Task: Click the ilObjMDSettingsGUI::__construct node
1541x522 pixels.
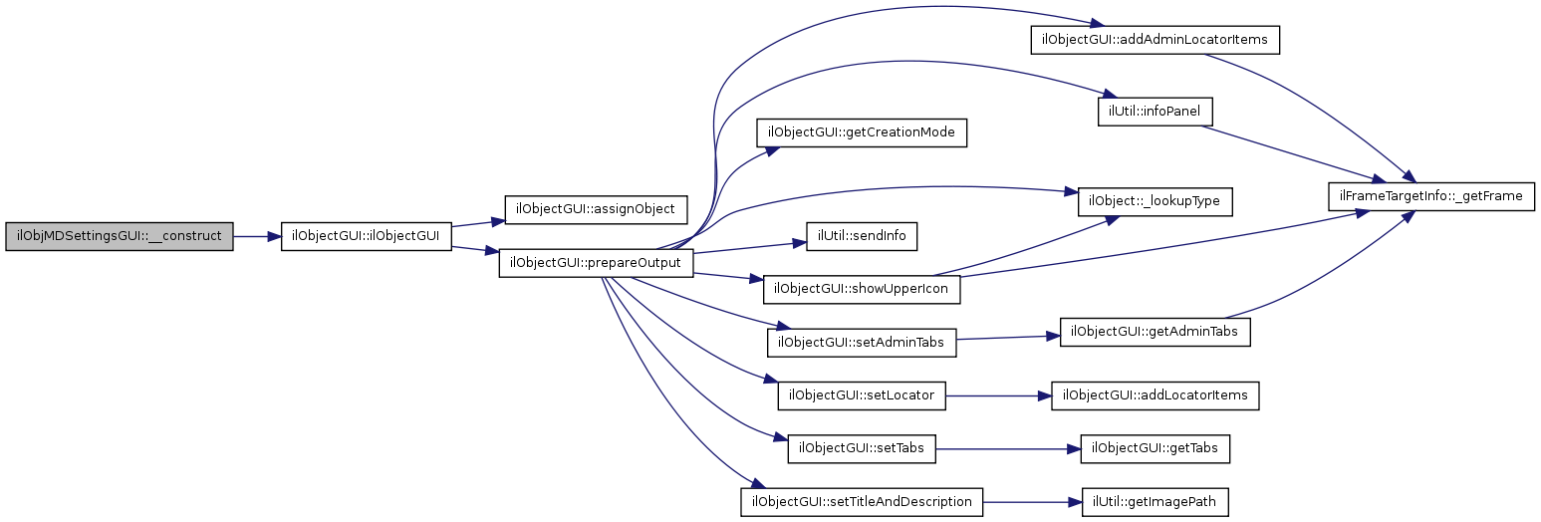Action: pos(120,237)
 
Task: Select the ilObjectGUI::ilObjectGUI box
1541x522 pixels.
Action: pos(367,237)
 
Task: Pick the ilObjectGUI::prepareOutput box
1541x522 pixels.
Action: pos(596,263)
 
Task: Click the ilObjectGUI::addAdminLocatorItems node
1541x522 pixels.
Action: pos(1154,40)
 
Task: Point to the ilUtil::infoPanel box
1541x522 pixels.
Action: pos(1155,111)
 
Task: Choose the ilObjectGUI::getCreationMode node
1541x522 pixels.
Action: pos(863,133)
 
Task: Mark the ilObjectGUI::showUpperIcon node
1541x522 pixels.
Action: pos(863,290)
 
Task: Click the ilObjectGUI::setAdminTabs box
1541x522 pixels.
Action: pos(862,343)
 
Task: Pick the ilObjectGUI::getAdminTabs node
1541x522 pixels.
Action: pos(1155,332)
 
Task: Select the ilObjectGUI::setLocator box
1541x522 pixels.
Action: pos(862,395)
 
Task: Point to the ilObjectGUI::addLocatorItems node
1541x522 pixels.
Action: pos(1156,395)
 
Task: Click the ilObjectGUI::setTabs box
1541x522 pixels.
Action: pos(862,448)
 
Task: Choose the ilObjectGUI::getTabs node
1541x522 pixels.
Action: pos(1156,448)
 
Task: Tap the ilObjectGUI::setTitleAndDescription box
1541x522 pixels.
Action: pos(862,501)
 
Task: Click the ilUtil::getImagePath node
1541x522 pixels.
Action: pos(1156,501)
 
